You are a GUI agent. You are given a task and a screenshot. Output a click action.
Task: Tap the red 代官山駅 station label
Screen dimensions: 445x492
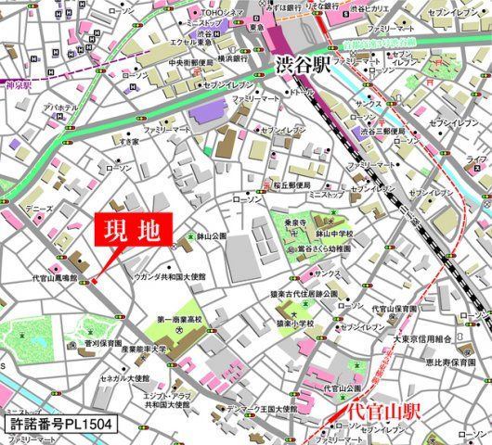[x=380, y=409]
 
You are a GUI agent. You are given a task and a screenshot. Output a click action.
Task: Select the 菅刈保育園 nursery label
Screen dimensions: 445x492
[x=101, y=343]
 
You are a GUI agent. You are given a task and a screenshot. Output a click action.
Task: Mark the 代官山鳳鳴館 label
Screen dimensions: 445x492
[x=53, y=276]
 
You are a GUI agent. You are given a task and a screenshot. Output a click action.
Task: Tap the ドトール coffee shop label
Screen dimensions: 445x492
[x=301, y=93]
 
